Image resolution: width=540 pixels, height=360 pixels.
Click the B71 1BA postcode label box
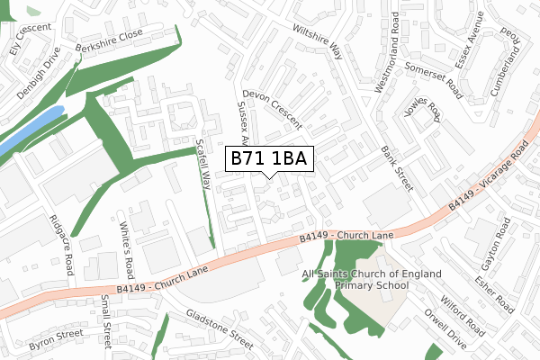(269, 159)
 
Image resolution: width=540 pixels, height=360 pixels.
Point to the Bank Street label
(396, 168)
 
